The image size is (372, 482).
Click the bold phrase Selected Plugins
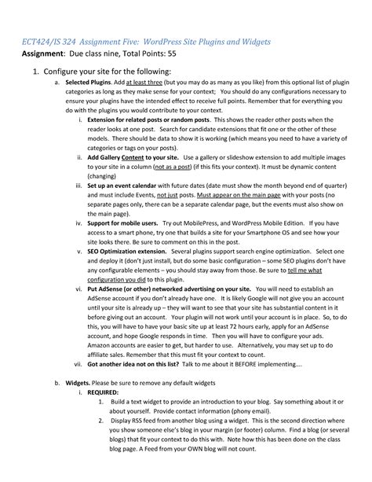[88, 82]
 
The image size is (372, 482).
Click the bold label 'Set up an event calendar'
[126, 185]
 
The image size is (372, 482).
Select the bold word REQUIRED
[103, 392]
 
